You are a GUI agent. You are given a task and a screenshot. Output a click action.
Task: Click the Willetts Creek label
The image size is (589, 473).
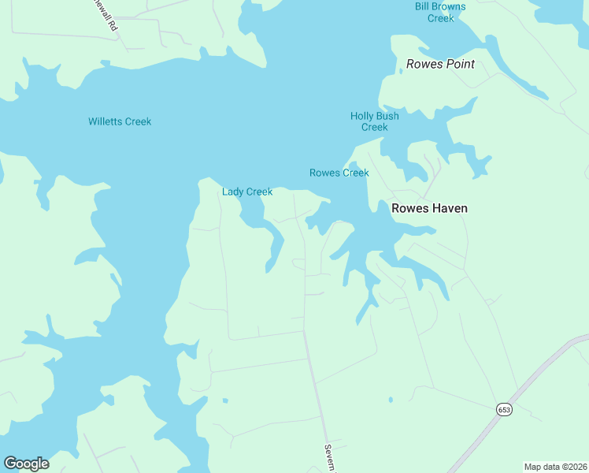click(120, 121)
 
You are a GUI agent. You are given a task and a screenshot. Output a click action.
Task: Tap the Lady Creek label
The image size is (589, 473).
click(247, 192)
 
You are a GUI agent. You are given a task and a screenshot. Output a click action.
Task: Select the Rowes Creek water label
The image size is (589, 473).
click(339, 173)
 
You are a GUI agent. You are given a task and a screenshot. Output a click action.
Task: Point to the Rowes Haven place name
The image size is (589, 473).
click(429, 208)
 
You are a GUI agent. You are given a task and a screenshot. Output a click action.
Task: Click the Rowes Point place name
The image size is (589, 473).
click(440, 64)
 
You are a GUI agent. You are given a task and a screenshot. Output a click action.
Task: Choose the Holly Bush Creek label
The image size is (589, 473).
click(375, 121)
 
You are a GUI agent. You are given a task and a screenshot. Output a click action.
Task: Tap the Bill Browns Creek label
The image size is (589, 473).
click(440, 12)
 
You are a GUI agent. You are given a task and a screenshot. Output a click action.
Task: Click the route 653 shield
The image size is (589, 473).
click(503, 409)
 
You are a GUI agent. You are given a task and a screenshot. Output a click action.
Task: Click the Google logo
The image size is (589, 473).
click(26, 463)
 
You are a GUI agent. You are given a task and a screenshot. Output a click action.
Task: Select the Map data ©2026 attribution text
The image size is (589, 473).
click(554, 467)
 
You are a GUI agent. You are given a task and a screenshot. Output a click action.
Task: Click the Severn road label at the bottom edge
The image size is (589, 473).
click(329, 458)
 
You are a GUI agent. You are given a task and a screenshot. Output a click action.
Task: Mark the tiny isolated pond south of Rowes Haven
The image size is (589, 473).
click(391, 400)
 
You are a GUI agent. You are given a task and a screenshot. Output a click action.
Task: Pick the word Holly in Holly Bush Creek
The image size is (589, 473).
click(362, 116)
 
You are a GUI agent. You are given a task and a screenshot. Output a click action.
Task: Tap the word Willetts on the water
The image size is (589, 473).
click(105, 121)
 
